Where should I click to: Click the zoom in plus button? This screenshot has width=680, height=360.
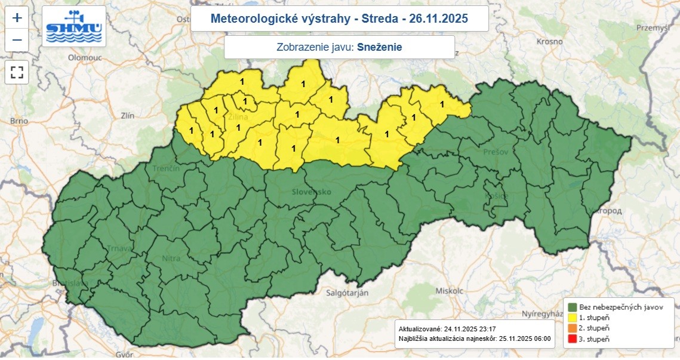point(17,18)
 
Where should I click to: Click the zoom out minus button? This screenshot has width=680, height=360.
point(17,40)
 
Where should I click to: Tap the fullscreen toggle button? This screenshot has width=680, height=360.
point(17,72)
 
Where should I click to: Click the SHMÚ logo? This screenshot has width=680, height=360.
point(75,27)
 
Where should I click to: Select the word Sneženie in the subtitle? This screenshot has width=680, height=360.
point(380,47)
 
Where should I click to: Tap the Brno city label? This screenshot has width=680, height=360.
point(19,121)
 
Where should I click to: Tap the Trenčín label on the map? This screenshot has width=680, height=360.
point(166,169)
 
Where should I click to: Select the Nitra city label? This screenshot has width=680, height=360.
point(172,259)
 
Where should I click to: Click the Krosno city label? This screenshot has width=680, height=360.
point(549,42)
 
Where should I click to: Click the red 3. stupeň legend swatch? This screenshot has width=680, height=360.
point(571,339)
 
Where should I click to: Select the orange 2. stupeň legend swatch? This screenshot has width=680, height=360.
point(571,328)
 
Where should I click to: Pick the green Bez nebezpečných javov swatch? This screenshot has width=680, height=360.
point(571,306)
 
